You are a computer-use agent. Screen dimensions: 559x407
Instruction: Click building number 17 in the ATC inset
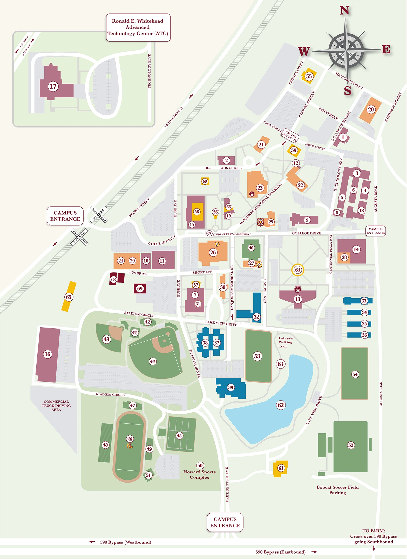(x=53, y=86)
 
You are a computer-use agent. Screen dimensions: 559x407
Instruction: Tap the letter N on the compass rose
(x=344, y=11)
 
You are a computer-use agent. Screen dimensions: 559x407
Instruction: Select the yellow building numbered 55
(x=309, y=76)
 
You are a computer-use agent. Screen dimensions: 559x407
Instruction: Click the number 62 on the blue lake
(x=281, y=405)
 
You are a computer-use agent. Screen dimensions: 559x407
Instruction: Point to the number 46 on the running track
(x=130, y=439)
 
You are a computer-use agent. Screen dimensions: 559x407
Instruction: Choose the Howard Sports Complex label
(x=199, y=475)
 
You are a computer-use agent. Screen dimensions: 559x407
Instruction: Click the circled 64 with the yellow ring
(x=298, y=270)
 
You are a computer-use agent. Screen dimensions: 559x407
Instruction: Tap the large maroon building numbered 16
(x=48, y=354)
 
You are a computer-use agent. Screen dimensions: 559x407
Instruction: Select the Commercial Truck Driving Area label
(x=56, y=406)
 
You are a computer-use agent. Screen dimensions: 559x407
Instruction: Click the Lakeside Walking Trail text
(x=285, y=342)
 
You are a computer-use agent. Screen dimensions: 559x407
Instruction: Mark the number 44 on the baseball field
(x=153, y=361)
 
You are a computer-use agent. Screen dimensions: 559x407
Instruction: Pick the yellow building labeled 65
(x=69, y=297)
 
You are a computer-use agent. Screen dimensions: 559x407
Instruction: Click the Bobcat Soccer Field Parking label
(x=337, y=490)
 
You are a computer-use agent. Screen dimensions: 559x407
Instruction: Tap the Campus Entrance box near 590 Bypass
(x=225, y=522)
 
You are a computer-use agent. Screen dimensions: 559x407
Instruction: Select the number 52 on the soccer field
(x=351, y=445)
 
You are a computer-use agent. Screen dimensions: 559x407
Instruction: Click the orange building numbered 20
(x=371, y=109)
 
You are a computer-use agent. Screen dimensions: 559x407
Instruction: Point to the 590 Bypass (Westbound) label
(x=125, y=542)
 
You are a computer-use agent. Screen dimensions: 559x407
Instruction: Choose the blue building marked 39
(x=231, y=387)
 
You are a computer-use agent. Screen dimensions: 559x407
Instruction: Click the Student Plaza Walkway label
(x=231, y=234)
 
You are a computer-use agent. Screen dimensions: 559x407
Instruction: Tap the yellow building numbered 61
(x=281, y=468)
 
